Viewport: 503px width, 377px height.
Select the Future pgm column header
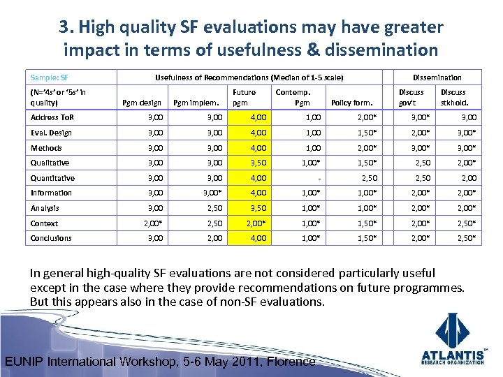244,97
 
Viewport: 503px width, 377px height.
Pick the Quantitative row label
52,178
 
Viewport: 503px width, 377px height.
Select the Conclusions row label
51,238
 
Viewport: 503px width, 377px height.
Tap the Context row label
44,223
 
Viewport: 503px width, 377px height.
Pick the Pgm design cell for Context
153,223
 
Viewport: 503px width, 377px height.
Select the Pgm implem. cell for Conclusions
212,238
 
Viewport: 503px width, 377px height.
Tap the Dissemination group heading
437,77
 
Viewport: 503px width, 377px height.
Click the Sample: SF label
49,77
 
